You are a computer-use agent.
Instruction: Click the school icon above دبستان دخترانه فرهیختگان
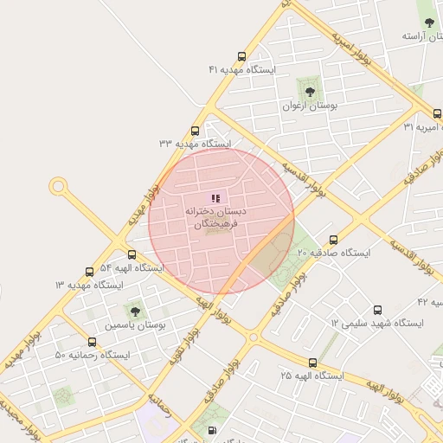pos(215,198)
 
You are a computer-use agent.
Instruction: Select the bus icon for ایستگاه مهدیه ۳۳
pos(194,132)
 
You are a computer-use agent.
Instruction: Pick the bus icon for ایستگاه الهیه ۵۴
pos(132,255)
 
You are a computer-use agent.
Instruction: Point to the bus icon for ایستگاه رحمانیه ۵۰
pos(93,343)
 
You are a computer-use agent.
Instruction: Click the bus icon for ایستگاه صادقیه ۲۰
pos(333,240)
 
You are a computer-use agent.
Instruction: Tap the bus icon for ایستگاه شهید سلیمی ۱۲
pos(376,310)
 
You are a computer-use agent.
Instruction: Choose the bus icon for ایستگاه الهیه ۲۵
pos(312,363)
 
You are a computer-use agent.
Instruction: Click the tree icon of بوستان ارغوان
pos(307,91)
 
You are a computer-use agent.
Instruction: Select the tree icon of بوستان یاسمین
pos(134,310)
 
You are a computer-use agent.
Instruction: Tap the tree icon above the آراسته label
pos(429,22)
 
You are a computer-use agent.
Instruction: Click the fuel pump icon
pos(212,430)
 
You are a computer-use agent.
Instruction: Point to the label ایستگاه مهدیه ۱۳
pos(89,285)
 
